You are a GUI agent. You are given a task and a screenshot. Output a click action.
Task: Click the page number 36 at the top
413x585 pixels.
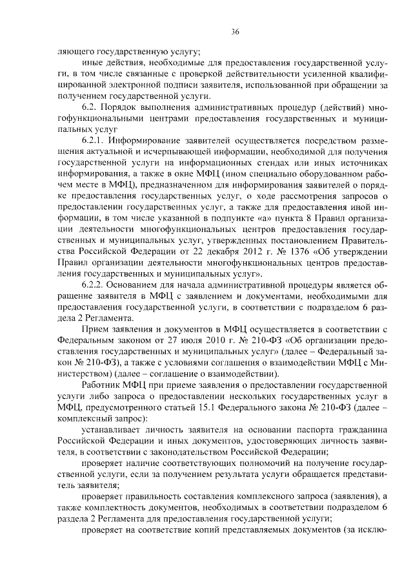coord(235,32)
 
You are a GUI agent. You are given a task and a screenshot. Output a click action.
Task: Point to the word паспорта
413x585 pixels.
coord(305,430)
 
